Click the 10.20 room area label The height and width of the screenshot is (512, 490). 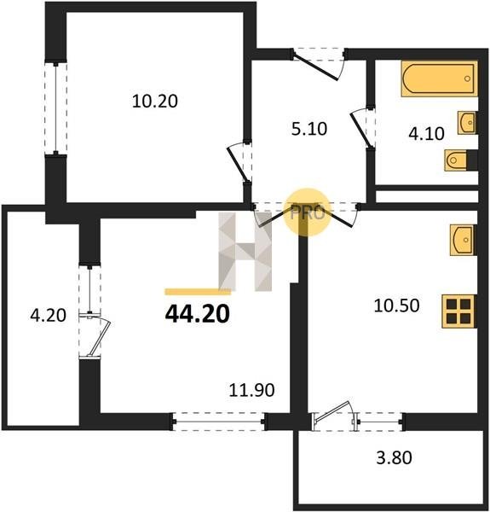point(155,102)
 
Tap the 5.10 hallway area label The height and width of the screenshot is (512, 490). point(309,129)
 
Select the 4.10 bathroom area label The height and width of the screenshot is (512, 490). point(426,134)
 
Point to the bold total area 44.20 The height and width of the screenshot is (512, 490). point(198,314)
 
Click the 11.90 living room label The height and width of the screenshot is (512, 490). point(251,390)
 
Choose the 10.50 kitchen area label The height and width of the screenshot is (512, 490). point(396,306)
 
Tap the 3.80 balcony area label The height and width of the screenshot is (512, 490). point(395,457)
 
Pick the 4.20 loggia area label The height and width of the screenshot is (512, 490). point(48,316)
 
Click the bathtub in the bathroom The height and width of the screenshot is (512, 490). point(439,79)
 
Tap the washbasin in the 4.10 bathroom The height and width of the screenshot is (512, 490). point(467,122)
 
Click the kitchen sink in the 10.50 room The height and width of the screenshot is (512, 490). point(463,240)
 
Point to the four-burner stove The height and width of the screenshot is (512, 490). point(458,311)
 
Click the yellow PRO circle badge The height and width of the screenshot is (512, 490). point(308,212)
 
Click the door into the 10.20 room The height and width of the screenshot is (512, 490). point(239,162)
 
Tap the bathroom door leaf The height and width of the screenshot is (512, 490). point(360,129)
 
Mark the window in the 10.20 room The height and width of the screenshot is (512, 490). point(56,108)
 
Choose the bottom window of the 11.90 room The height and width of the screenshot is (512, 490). point(218,422)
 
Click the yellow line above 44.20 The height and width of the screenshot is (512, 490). point(198,292)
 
